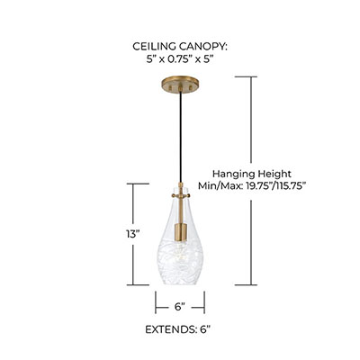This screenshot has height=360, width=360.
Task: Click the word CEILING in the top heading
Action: (x=154, y=47)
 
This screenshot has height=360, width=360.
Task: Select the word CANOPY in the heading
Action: (x=203, y=47)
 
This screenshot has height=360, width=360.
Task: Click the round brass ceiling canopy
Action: (x=180, y=85)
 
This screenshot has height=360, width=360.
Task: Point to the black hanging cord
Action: (x=180, y=137)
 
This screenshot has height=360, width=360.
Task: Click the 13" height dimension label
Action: (x=133, y=234)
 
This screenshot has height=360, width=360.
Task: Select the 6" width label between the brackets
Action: (x=180, y=307)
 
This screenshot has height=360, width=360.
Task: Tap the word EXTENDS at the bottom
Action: (x=171, y=329)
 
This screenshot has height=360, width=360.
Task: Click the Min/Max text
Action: (x=220, y=186)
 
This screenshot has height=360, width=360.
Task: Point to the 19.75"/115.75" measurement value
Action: (x=275, y=186)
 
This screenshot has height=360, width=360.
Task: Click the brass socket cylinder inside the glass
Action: (x=181, y=232)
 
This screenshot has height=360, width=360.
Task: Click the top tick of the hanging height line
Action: (x=246, y=76)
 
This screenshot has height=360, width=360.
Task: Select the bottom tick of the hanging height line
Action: (x=246, y=284)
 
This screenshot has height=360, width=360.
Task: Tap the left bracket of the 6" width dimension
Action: (x=156, y=302)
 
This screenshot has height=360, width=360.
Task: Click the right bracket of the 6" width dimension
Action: (x=204, y=302)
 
